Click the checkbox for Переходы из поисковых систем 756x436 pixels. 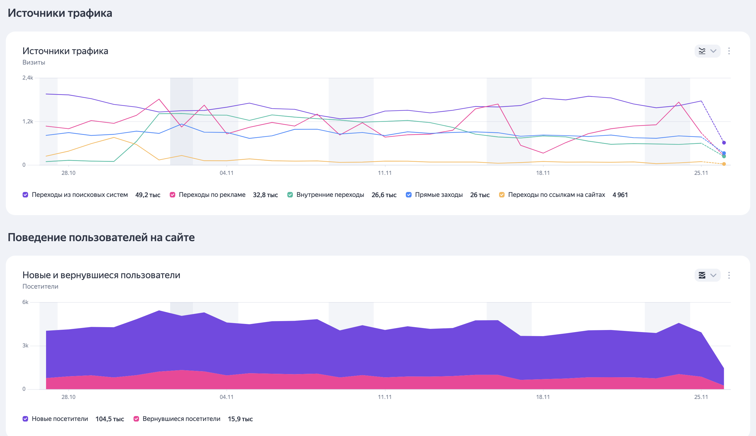point(25,195)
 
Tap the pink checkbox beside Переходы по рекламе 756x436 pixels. point(173,195)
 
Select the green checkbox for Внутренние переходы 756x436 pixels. point(290,195)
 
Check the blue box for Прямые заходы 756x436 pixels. point(408,195)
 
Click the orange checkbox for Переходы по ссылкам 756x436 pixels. point(502,195)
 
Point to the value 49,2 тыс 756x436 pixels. point(148,195)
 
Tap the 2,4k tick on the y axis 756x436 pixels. point(28,78)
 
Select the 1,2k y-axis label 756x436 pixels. point(28,122)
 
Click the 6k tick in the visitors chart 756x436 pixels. point(25,302)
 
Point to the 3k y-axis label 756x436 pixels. point(25,346)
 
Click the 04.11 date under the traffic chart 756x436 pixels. point(227,173)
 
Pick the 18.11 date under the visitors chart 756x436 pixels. point(543,397)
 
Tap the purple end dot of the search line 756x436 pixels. point(724,143)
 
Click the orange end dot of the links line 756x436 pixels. point(724,164)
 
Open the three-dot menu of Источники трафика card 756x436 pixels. point(729,51)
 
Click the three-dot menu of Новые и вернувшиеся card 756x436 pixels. point(729,275)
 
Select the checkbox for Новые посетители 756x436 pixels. point(25,419)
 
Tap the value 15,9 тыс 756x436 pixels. point(240,419)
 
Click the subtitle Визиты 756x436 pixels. point(34,62)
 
